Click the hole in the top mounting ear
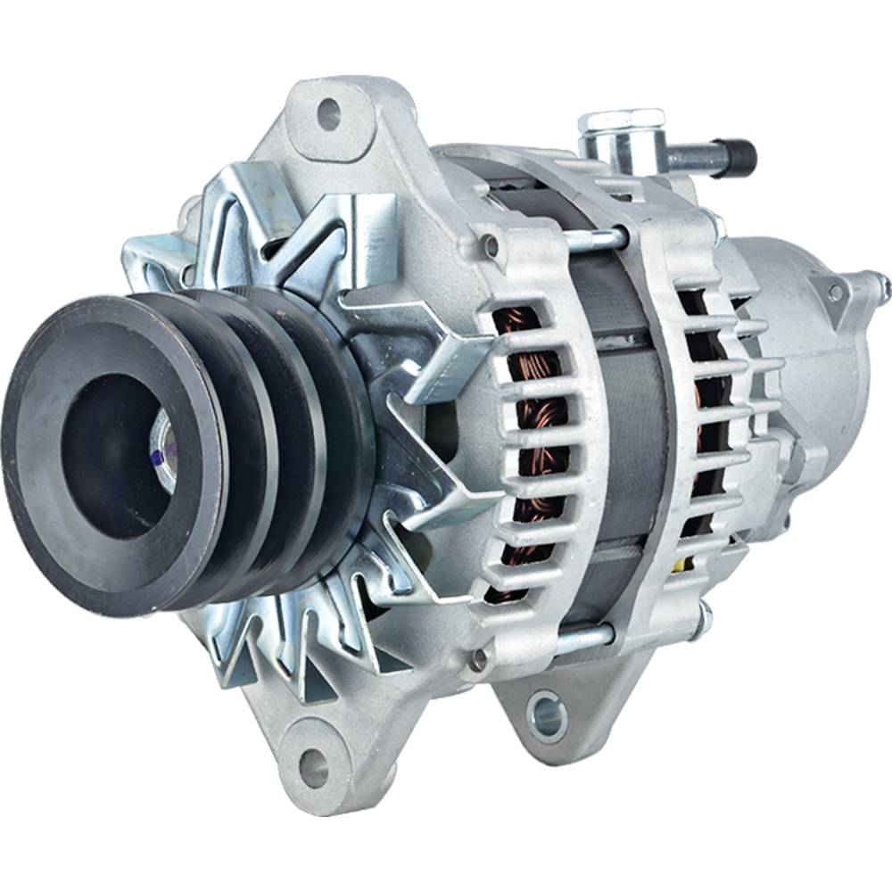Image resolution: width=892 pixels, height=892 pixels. [328, 113]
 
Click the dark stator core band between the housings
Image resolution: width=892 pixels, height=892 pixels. [624, 428]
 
